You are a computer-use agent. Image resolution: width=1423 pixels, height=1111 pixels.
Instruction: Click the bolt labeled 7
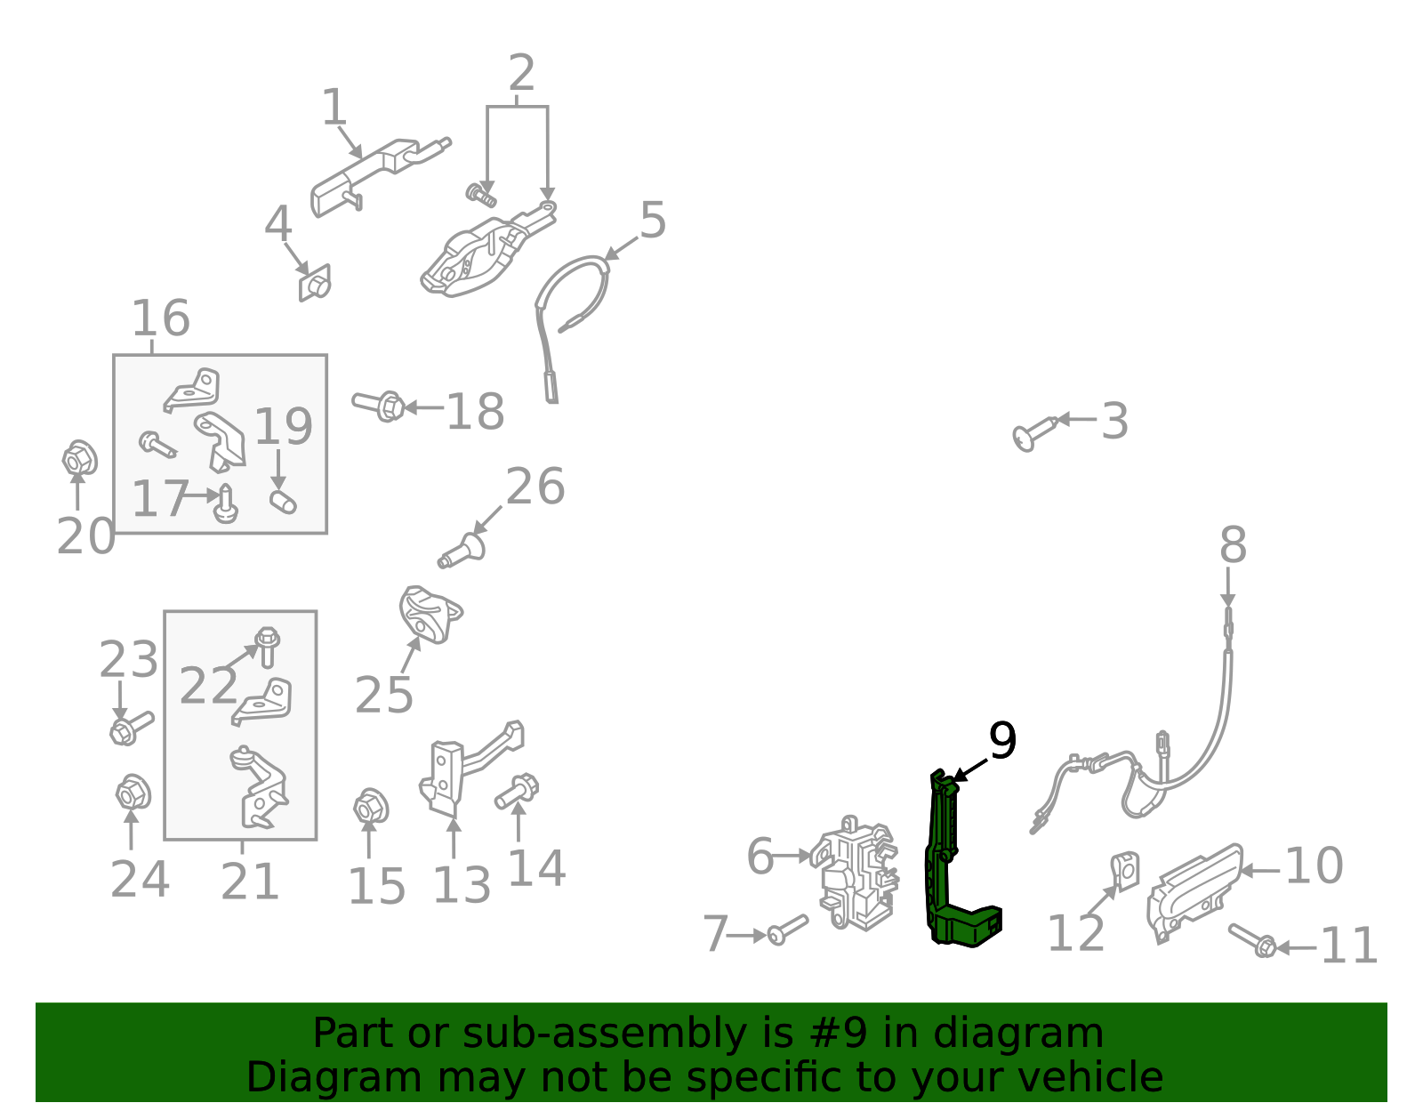(788, 930)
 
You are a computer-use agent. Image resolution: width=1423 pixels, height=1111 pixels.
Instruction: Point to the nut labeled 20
(79, 458)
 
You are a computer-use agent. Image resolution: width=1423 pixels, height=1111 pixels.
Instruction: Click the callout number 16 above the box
(160, 318)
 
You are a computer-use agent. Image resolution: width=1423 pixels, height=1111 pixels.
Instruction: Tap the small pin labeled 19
(283, 501)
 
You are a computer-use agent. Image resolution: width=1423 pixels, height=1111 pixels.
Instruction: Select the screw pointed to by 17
(227, 503)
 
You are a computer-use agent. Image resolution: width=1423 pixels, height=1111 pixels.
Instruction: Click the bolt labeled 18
(380, 406)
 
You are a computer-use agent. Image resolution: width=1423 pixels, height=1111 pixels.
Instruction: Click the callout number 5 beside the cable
(652, 221)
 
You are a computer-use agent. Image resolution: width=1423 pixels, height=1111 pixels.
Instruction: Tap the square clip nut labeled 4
(314, 282)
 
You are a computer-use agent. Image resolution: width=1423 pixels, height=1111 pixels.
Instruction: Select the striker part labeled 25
(429, 614)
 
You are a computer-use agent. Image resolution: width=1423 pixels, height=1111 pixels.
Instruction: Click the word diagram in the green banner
(1050, 1035)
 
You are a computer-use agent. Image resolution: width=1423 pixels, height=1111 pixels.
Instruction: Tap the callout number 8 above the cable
(1232, 545)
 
